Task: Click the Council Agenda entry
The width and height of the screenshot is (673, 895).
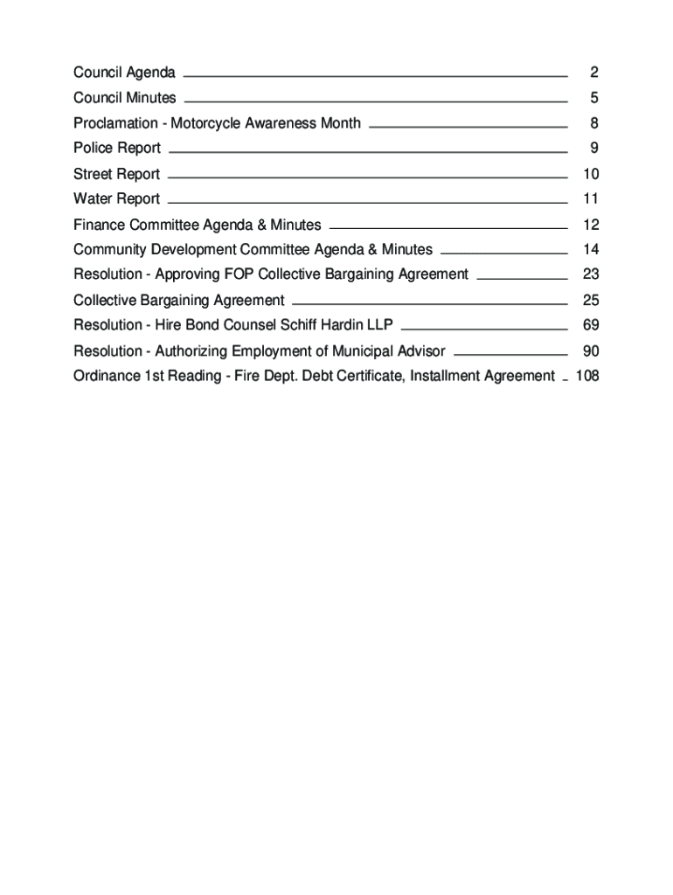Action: pos(124,72)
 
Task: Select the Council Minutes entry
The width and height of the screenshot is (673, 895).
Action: pos(124,98)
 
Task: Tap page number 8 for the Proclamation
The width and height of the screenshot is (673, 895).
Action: pos(593,123)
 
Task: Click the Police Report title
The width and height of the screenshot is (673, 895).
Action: pos(117,149)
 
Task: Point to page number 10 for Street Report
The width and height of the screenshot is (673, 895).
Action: pos(590,174)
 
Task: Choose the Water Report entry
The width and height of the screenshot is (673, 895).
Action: pos(117,199)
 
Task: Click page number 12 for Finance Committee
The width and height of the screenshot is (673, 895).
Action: pos(590,225)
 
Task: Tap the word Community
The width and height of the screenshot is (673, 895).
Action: pos(109,250)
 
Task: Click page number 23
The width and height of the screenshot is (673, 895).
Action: pos(590,274)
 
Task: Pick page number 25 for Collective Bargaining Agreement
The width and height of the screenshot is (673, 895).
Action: pos(590,301)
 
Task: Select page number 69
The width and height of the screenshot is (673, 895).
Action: pos(590,325)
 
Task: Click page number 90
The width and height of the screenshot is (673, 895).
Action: pos(590,351)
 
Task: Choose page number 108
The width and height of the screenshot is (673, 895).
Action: pos(586,377)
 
